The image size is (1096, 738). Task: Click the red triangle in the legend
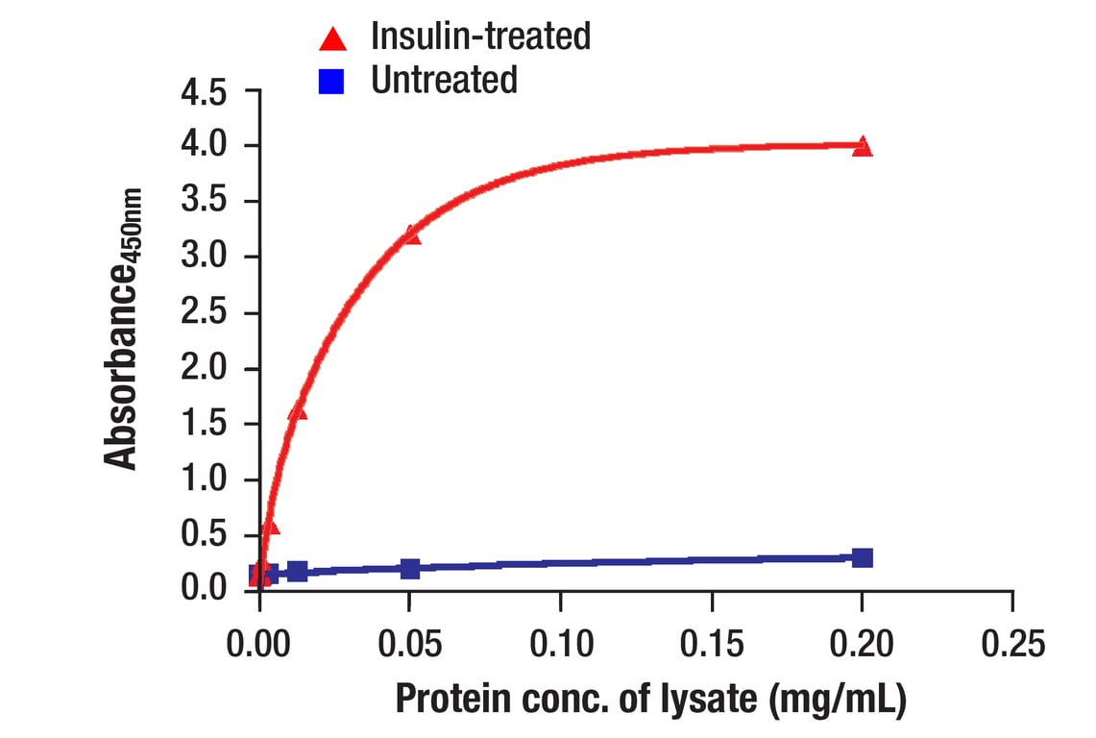333,38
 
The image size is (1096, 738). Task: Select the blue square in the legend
332,81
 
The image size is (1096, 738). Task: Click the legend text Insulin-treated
480,37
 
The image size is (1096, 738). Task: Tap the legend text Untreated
444,80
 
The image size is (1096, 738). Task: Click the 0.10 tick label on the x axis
561,643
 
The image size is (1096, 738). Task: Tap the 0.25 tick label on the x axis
1012,643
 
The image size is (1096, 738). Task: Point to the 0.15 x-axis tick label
712,643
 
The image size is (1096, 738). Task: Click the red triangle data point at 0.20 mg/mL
863,146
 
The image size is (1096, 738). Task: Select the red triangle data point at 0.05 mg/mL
411,234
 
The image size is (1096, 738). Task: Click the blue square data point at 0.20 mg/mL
863,558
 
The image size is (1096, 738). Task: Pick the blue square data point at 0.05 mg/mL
411,569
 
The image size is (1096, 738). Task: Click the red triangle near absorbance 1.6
298,411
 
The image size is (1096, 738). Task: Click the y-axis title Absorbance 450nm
123,328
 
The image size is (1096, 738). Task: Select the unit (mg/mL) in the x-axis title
836,699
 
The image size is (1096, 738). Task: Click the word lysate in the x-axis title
705,699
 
